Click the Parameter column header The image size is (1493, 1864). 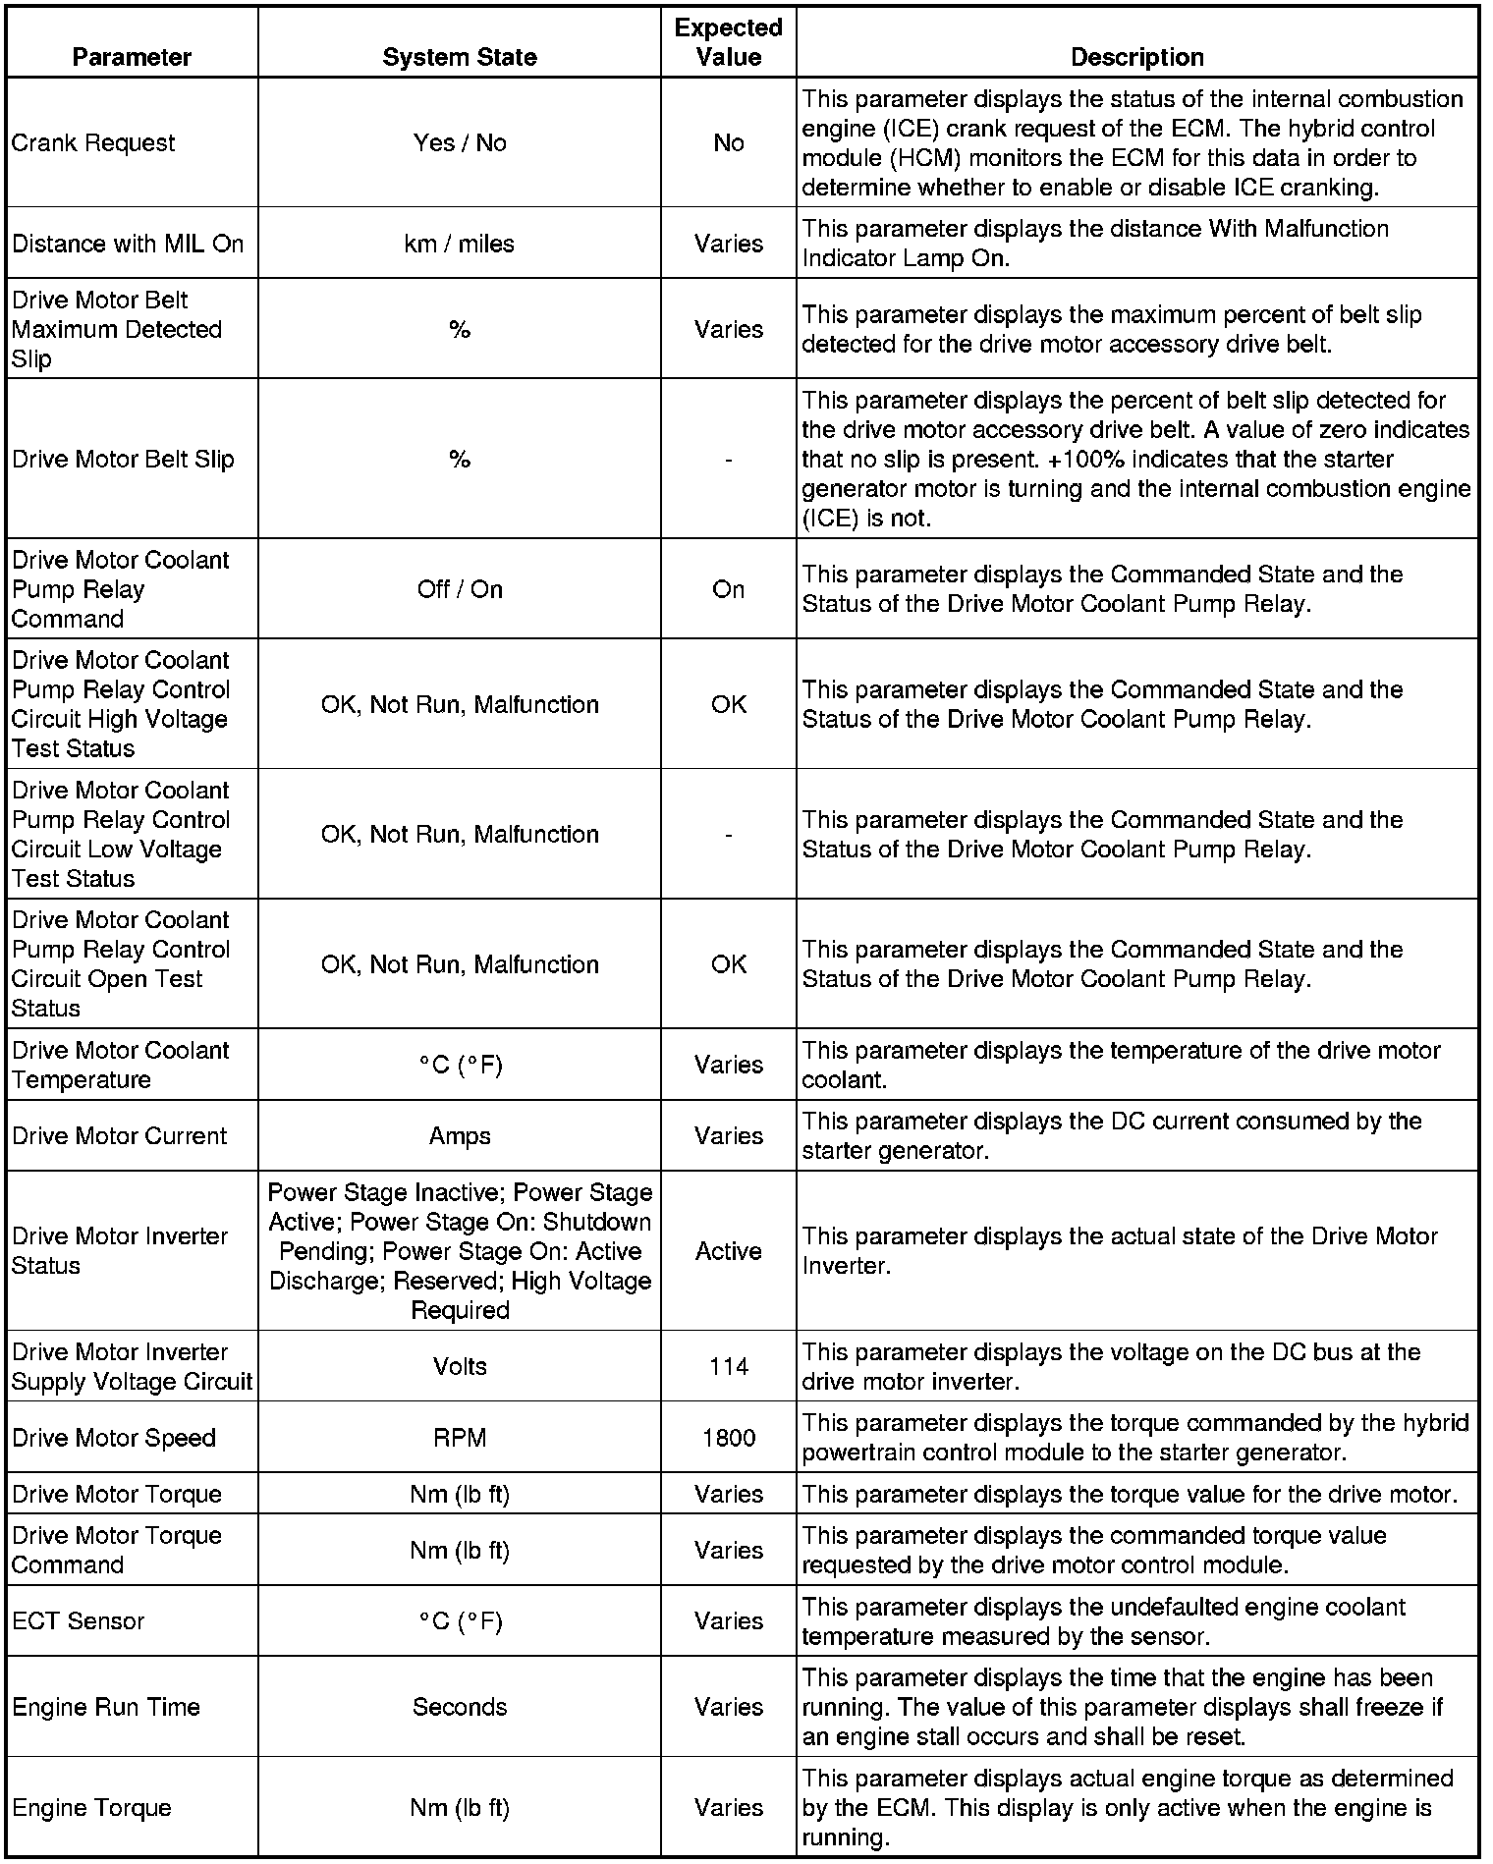132,57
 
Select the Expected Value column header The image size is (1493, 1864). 728,42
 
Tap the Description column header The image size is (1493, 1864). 1136,57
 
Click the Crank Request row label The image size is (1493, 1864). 93,142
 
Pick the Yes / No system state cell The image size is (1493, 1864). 460,142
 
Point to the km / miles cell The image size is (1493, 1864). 460,244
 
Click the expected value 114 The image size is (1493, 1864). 728,1366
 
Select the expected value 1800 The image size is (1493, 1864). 728,1438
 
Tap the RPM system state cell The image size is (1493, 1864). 460,1438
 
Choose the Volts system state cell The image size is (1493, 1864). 460,1366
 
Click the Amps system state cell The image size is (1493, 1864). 460,1135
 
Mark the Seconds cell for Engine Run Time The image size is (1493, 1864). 460,1707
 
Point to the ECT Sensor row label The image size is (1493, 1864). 79,1620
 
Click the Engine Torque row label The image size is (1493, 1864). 92,1807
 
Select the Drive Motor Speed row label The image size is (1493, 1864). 114,1438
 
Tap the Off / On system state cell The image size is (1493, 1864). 460,589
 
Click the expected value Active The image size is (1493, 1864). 728,1251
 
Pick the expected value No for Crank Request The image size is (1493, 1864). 728,142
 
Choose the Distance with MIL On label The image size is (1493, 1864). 128,244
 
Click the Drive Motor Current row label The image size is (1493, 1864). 120,1135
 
